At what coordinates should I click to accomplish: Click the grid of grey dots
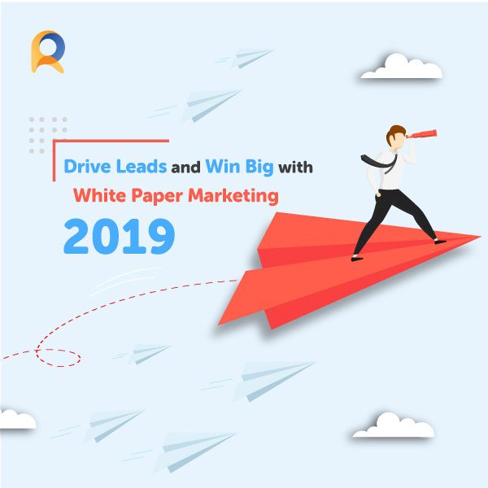point(48,134)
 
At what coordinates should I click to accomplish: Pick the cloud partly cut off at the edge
point(16,420)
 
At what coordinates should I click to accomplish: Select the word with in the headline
point(294,168)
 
